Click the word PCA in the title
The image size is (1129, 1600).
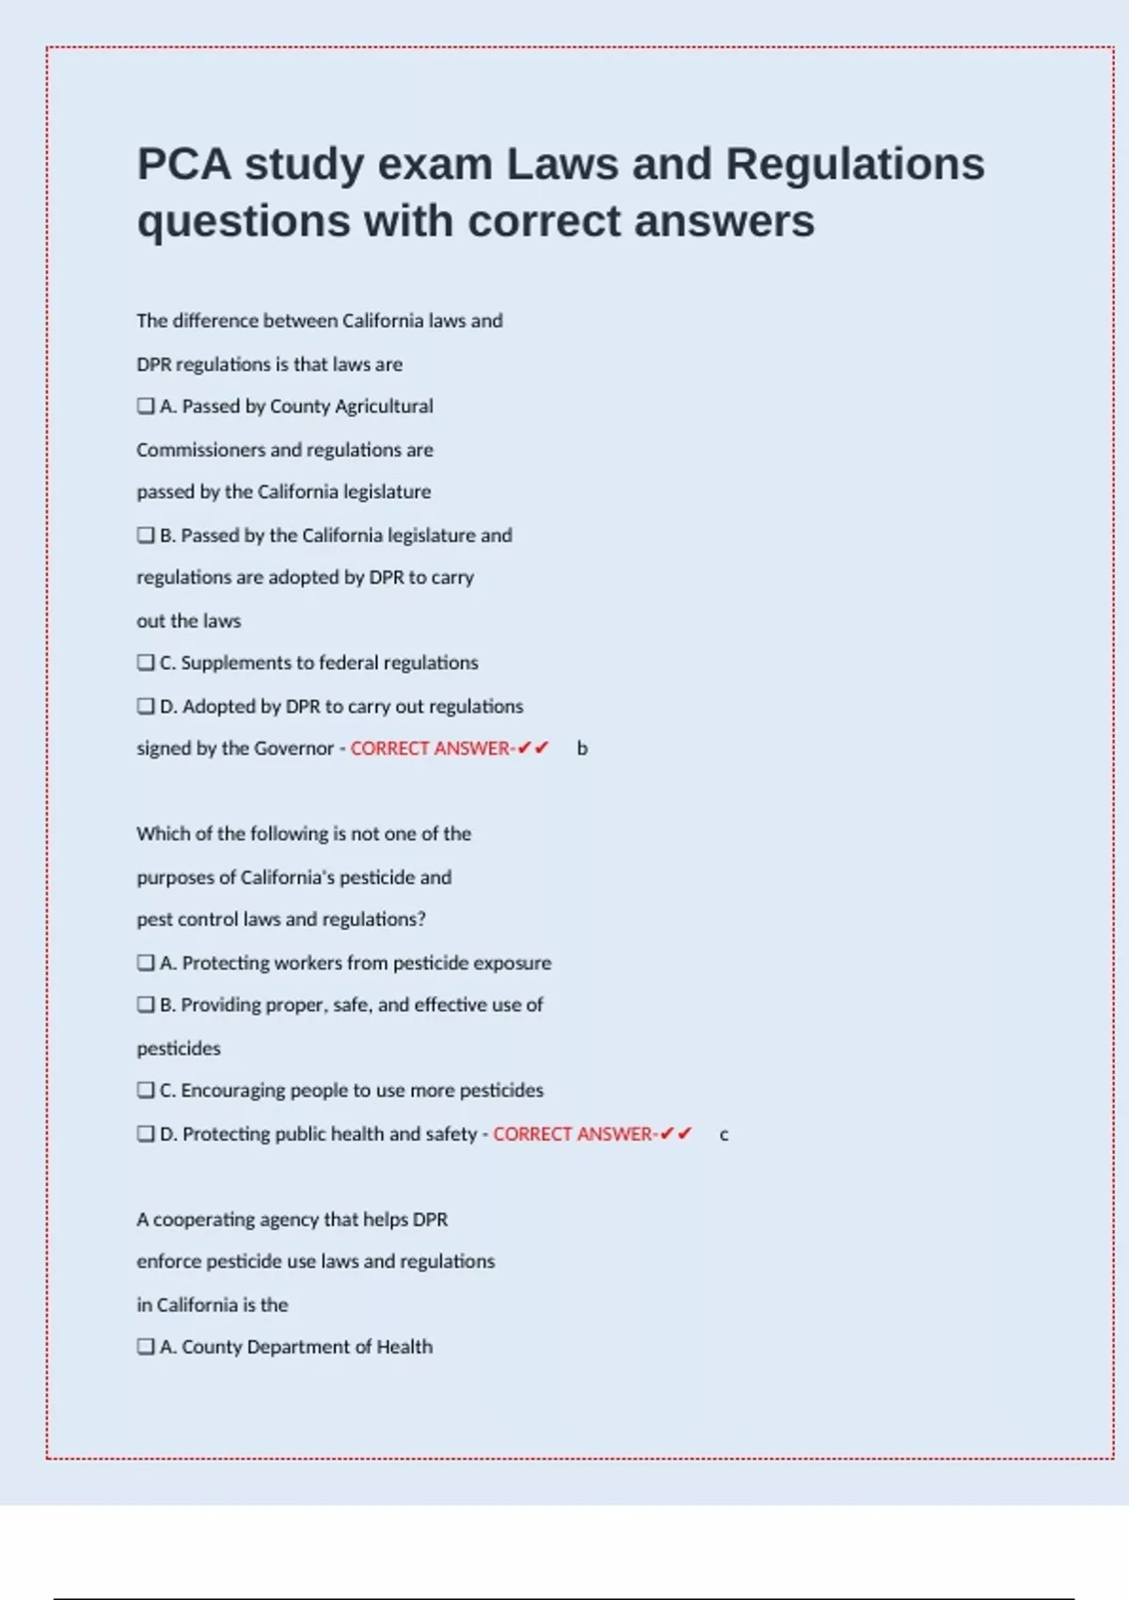[x=183, y=164]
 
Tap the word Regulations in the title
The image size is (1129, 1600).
[x=854, y=164]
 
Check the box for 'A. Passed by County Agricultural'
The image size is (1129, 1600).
[x=146, y=407]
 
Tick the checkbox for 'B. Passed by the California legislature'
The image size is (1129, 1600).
[x=146, y=536]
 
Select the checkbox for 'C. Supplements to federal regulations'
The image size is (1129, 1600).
[x=146, y=663]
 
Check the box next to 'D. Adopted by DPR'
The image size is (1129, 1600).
[x=146, y=706]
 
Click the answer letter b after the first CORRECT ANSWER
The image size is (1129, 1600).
[x=582, y=749]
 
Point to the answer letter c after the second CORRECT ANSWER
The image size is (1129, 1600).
[x=724, y=1135]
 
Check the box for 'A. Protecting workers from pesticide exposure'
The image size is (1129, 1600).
[x=146, y=963]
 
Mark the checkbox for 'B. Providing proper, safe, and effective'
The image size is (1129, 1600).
[x=146, y=1005]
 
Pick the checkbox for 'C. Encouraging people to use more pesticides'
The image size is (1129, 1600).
[x=146, y=1090]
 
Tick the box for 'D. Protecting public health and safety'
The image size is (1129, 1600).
[x=146, y=1134]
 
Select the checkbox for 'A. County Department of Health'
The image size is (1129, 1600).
[x=146, y=1347]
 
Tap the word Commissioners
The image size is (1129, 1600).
[x=200, y=450]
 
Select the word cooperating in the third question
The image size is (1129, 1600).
[x=203, y=1220]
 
